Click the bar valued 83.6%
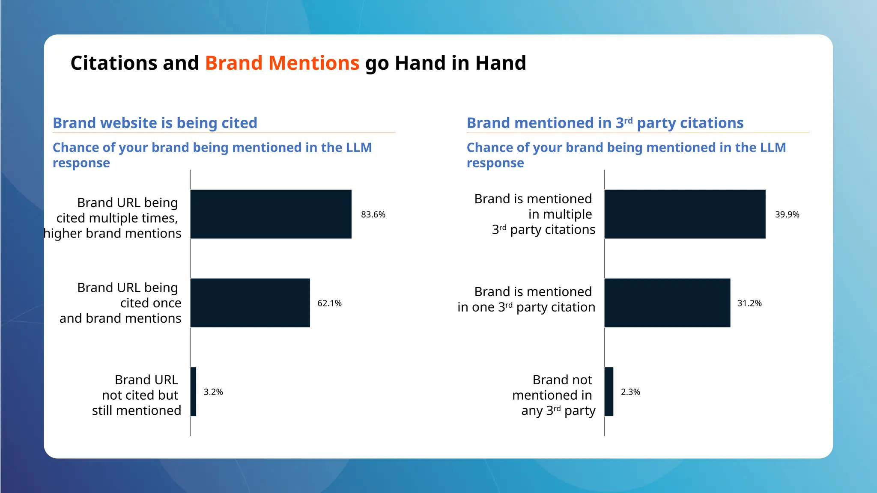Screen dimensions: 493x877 click(271, 214)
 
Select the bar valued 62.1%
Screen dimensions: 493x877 click(250, 303)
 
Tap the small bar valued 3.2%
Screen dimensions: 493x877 click(194, 392)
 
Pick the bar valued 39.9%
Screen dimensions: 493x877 click(685, 214)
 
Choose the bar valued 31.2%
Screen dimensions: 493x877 click(667, 303)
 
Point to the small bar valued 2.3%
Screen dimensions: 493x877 click(609, 392)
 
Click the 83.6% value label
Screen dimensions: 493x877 click(373, 214)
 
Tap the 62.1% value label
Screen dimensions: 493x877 click(329, 303)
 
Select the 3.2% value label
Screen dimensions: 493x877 click(213, 392)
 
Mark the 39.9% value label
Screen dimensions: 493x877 click(787, 214)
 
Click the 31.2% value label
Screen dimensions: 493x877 click(749, 303)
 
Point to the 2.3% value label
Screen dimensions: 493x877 click(630, 392)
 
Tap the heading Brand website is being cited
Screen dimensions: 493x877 click(155, 123)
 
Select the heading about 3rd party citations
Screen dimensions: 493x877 click(605, 123)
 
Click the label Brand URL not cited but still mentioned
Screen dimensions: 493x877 click(137, 395)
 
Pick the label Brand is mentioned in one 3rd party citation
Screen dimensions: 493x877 click(527, 300)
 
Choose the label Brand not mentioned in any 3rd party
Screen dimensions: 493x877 click(554, 395)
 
